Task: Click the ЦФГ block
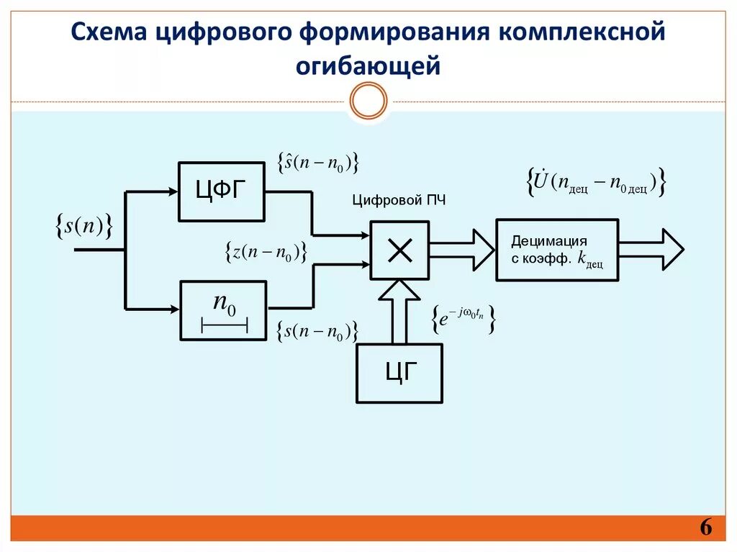tap(222, 191)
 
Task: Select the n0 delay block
tap(223, 310)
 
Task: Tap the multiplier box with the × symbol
tap(399, 250)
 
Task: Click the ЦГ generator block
tap(399, 373)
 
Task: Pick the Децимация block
tap(556, 250)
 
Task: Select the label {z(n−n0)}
tap(266, 252)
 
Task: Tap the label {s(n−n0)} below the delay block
tap(317, 332)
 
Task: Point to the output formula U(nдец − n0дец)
tap(596, 183)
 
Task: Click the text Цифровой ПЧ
tap(399, 201)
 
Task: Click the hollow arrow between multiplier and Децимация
tap(461, 250)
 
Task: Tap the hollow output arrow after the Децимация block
tap(651, 250)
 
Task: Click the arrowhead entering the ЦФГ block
tap(172, 191)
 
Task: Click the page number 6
tap(705, 529)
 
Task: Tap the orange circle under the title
tap(368, 100)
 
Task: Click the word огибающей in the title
tap(368, 66)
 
